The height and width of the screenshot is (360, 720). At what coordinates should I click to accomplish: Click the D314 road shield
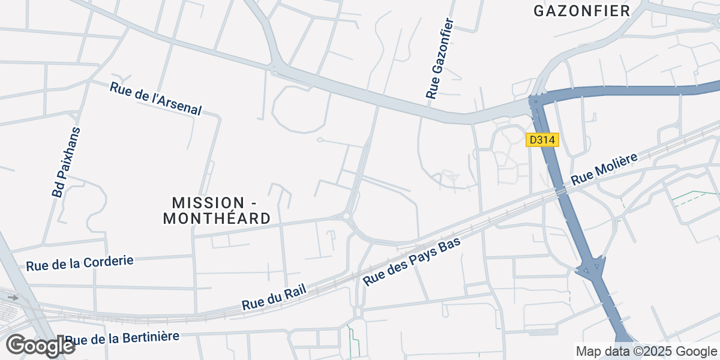(542, 140)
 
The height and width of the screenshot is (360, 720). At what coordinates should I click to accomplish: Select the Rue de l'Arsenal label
(155, 98)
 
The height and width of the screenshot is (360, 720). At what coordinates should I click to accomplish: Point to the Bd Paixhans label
(66, 162)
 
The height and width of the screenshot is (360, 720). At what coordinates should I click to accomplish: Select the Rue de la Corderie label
(79, 263)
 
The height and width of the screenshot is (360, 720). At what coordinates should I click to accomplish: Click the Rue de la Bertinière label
(122, 338)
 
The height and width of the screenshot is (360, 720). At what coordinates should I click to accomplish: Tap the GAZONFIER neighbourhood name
(581, 11)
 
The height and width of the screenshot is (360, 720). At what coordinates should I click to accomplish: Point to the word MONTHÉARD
(217, 219)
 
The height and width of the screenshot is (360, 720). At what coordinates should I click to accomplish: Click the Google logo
(40, 346)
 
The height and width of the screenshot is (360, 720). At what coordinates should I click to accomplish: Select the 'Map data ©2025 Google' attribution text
(646, 351)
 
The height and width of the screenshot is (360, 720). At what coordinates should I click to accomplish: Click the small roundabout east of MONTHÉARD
(347, 216)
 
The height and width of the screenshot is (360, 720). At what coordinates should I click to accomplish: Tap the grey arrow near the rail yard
(13, 297)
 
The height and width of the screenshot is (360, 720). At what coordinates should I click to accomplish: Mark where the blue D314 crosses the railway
(561, 191)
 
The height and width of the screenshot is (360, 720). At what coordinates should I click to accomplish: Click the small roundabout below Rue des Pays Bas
(358, 312)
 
